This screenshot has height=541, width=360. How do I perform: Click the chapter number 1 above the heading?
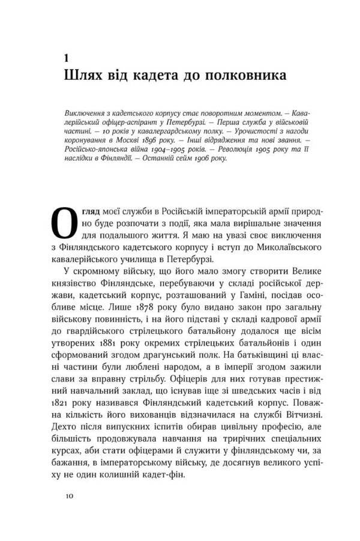coord(66,58)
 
